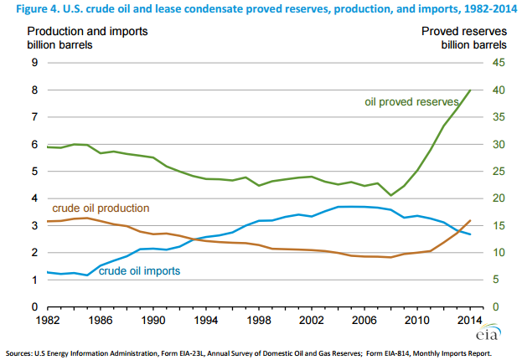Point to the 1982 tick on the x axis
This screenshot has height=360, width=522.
[x=47, y=320]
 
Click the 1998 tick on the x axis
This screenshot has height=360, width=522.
[x=260, y=320]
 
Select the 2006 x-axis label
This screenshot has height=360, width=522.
[x=366, y=320]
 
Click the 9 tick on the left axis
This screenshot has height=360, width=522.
[x=33, y=63]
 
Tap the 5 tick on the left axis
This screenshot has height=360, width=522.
[x=33, y=172]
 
